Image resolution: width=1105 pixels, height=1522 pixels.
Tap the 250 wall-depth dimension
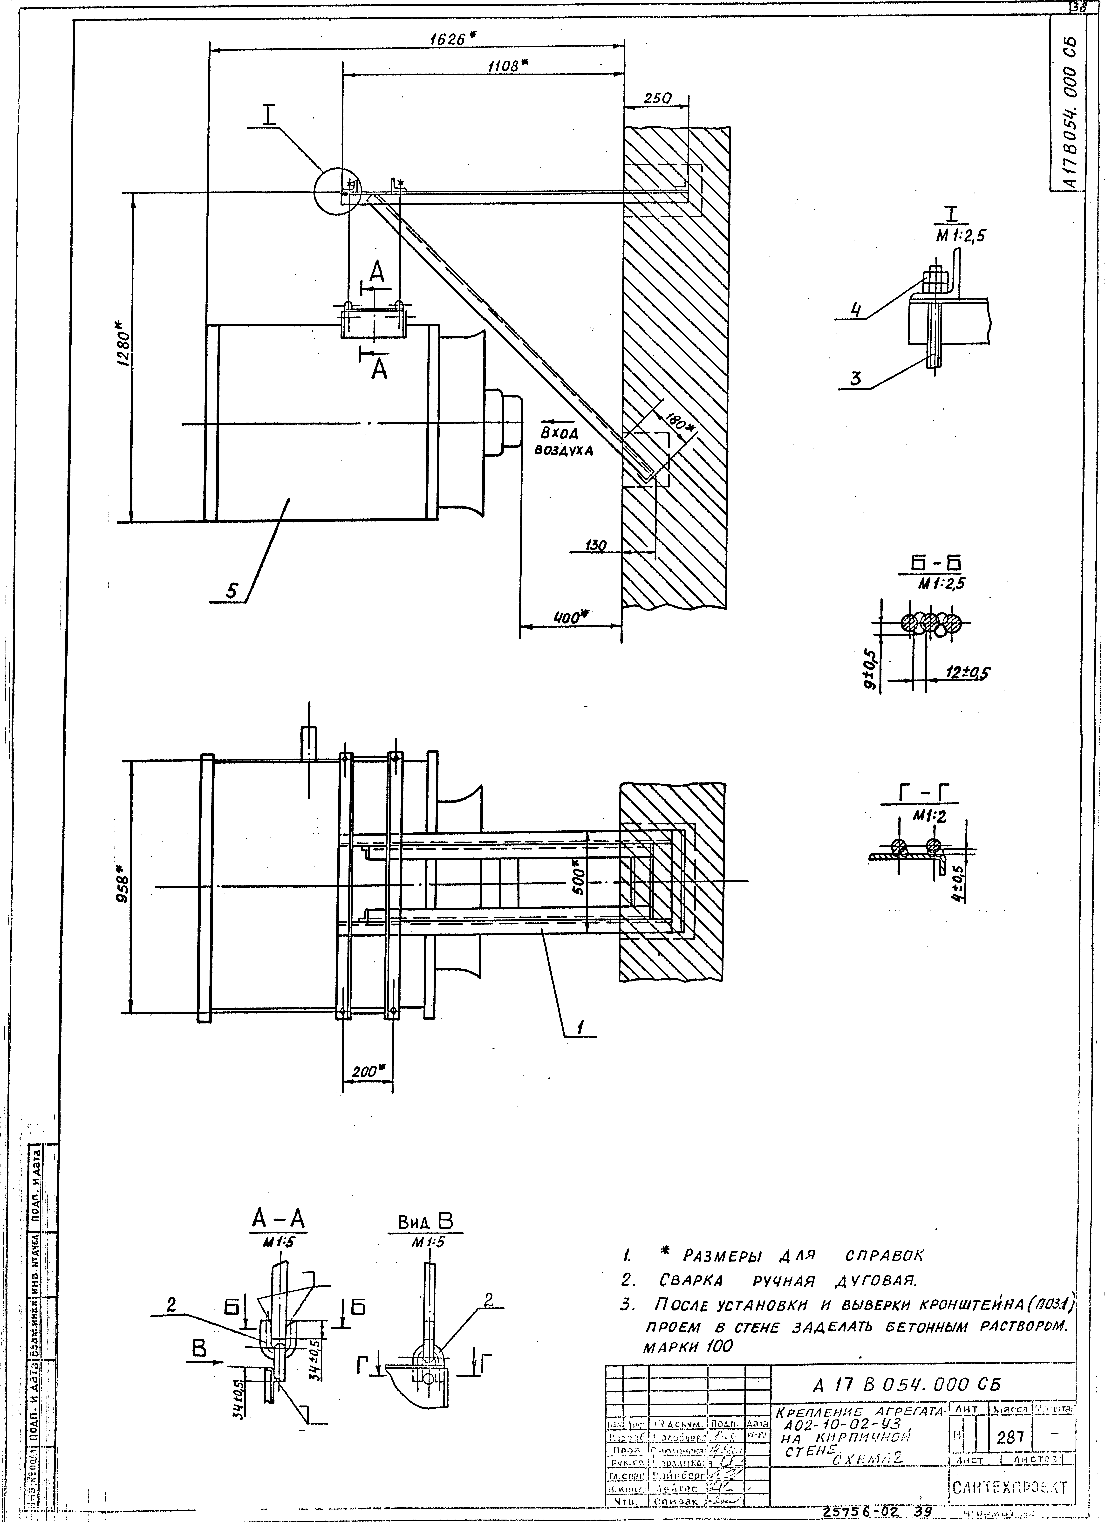tap(657, 98)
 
